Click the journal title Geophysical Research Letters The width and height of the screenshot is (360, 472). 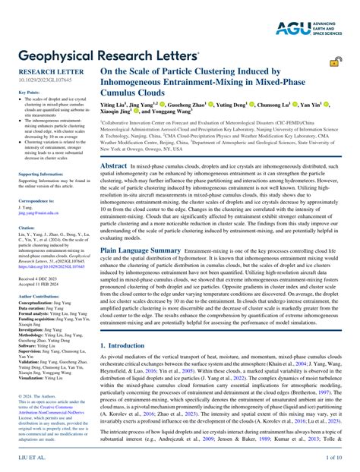point(107,55)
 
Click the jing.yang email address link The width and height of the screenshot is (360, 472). point(42,215)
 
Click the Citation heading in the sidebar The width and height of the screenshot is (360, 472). point(27,227)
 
